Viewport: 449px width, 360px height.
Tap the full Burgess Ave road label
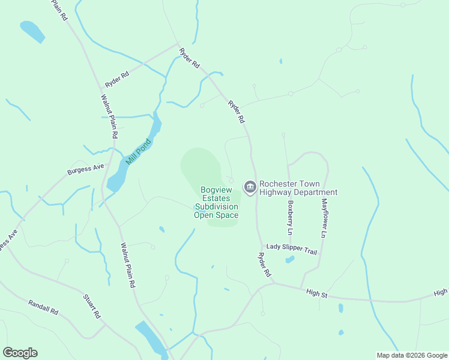point(86,169)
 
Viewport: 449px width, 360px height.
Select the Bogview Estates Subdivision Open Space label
point(216,202)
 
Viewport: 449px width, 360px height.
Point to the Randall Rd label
point(43,308)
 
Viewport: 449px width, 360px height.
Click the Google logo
point(20,353)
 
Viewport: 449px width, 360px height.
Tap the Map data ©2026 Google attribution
point(412,355)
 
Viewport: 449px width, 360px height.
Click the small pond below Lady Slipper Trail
point(291,260)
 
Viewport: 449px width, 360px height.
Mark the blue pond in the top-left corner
point(32,31)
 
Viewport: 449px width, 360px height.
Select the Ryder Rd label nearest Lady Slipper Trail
point(265,264)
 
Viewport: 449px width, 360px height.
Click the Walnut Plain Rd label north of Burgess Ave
point(109,112)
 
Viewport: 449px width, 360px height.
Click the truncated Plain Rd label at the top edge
point(59,10)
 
